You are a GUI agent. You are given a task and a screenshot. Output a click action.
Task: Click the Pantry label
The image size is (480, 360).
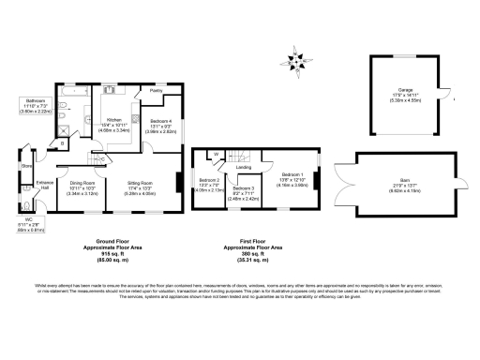coord(156,90)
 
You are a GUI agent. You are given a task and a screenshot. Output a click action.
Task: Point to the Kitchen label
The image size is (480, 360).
coord(113,120)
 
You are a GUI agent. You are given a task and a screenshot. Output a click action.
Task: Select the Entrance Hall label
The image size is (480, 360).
coord(42,186)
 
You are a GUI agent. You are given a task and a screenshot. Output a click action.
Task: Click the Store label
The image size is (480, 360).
coord(26,168)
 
